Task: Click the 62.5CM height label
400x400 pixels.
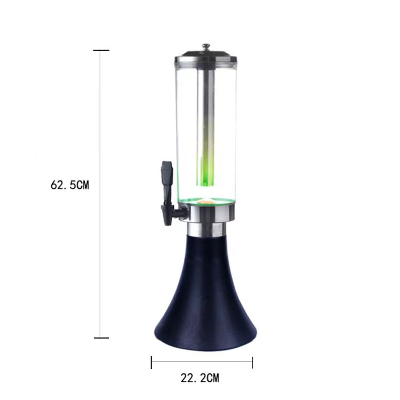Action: click(70, 185)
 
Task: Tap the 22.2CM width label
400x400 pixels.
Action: click(200, 378)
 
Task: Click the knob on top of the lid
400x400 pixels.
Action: click(206, 47)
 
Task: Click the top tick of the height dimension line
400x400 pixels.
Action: click(101, 50)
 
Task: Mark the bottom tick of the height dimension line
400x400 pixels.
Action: click(101, 338)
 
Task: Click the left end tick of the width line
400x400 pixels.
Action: click(151, 363)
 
